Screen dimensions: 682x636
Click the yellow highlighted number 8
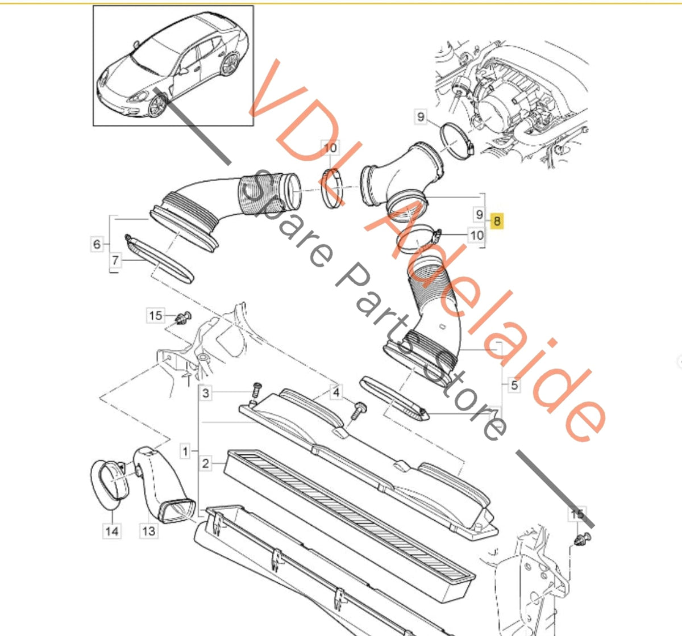(497, 221)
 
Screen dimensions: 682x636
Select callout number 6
(97, 244)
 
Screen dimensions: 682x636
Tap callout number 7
(115, 260)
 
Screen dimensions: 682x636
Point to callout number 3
(206, 393)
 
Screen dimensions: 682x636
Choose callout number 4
(336, 392)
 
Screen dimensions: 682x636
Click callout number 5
(514, 385)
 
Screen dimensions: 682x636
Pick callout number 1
(185, 451)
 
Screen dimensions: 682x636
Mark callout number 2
(205, 464)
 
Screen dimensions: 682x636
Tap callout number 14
(112, 532)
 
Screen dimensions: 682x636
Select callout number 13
(149, 531)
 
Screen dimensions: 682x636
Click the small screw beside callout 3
(256, 390)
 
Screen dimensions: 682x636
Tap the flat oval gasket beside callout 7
(160, 259)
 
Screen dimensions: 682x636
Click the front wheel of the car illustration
(157, 106)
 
